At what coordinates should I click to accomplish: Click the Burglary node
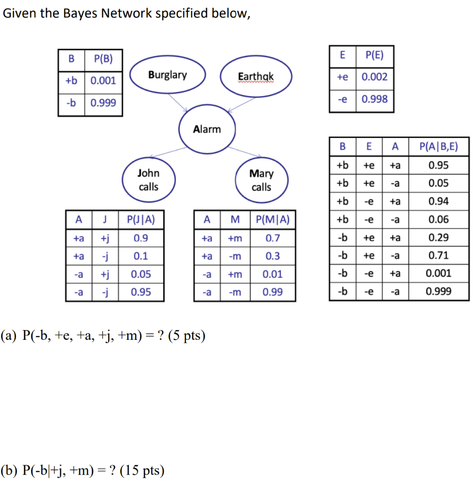(x=167, y=75)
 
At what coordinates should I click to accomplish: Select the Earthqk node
(x=256, y=76)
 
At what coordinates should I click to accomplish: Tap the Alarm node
(x=207, y=129)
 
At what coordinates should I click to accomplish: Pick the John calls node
(x=149, y=180)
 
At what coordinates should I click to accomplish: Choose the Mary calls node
(x=261, y=181)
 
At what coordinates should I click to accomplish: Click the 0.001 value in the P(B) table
(x=103, y=80)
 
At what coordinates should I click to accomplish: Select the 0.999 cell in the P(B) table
(x=103, y=103)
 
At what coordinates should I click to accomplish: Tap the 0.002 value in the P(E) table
(x=374, y=77)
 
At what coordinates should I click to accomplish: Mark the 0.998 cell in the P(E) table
(x=374, y=99)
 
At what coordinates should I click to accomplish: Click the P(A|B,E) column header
(x=438, y=147)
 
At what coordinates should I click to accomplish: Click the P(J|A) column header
(x=140, y=219)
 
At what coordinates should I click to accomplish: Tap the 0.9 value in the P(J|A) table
(x=140, y=238)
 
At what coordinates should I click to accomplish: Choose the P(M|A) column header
(x=272, y=219)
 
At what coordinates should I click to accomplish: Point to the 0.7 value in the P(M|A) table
(x=272, y=238)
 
